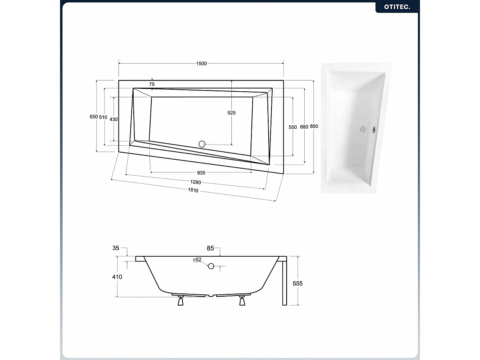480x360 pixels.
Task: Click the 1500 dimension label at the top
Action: click(201, 63)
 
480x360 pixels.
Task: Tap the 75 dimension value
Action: click(152, 84)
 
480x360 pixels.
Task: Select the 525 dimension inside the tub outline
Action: click(231, 113)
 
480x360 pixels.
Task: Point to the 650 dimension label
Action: click(94, 117)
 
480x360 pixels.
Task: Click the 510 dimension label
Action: click(103, 117)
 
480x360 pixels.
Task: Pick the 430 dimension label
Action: click(114, 119)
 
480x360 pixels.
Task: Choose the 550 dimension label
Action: click(293, 127)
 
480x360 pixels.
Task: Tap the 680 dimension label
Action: click(304, 127)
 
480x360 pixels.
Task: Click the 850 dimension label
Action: click(314, 126)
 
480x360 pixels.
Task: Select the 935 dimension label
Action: click(201, 173)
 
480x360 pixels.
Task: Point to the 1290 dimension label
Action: click(196, 182)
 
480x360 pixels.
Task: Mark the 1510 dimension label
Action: click(193, 190)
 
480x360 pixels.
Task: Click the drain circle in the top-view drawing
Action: click(202, 144)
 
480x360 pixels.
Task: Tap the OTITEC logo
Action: click(397, 7)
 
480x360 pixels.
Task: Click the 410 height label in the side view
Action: click(117, 277)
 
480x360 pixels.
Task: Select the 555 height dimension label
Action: click(297, 284)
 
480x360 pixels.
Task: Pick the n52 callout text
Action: click(197, 259)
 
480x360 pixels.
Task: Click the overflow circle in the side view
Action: click(211, 266)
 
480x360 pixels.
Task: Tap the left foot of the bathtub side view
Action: click(181, 301)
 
